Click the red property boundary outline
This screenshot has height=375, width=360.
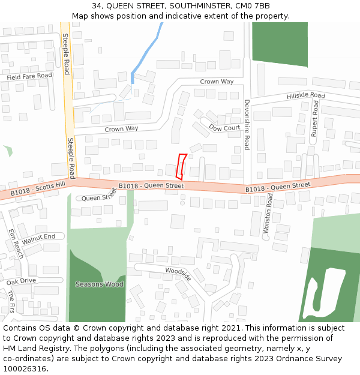pyautogui.click(x=181, y=166)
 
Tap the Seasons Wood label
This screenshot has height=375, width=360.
pyautogui.click(x=100, y=284)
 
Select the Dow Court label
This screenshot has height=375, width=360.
pyautogui.click(x=224, y=128)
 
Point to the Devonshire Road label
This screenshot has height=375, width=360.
pyautogui.click(x=247, y=125)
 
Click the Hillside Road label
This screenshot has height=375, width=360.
pyautogui.click(x=305, y=96)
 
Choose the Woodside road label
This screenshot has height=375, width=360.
pyautogui.click(x=178, y=274)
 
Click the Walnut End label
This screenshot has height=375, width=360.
pyautogui.click(x=38, y=238)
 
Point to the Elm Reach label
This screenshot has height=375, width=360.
pyautogui.click(x=16, y=243)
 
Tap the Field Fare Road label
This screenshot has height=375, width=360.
pyautogui.click(x=29, y=76)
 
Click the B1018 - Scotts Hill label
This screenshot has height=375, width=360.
pyautogui.click(x=37, y=190)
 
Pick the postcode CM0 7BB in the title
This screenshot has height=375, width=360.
pyautogui.click(x=254, y=6)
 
